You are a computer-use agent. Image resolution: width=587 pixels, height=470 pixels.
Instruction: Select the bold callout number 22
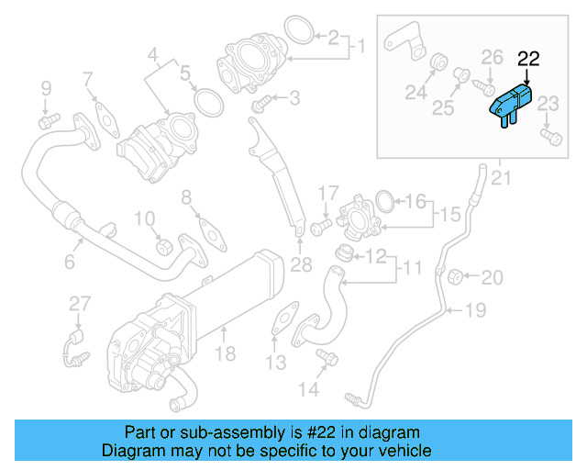click(528, 59)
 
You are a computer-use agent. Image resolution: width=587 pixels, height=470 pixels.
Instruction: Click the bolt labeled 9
click(49, 119)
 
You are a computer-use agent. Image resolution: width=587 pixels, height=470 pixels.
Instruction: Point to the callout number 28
click(301, 266)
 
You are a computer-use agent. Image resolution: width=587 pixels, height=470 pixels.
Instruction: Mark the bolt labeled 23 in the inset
click(550, 138)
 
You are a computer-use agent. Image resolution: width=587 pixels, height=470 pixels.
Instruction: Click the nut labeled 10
click(164, 245)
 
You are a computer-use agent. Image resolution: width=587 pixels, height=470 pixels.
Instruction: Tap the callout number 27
click(80, 304)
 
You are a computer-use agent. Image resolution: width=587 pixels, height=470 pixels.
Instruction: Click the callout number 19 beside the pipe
click(473, 310)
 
